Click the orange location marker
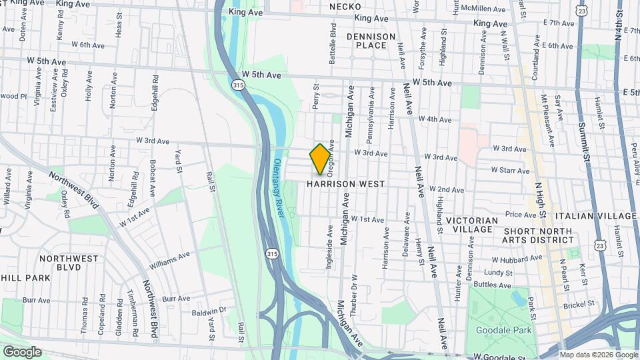coord(320,159)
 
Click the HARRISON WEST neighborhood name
coord(346,183)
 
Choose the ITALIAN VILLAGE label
coord(599,216)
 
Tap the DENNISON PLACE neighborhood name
coord(371,41)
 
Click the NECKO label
coord(345,7)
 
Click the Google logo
coord(21,352)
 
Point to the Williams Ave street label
coord(169,259)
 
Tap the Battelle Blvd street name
coord(332,38)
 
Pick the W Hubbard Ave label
coord(513,259)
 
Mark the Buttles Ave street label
coord(492,284)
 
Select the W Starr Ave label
coord(511,170)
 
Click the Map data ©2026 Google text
coord(599,355)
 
